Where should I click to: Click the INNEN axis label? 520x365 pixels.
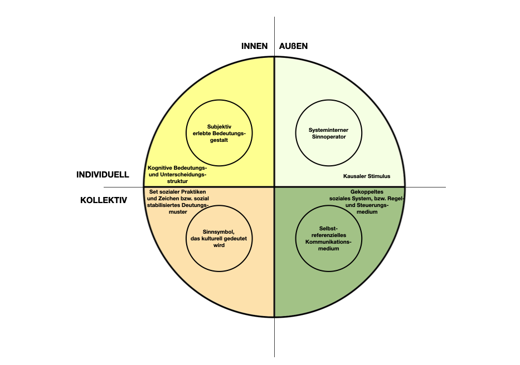(254, 46)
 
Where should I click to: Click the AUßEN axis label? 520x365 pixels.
(293, 46)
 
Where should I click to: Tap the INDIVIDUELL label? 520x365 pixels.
(103, 175)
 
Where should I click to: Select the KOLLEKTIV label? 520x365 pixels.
(104, 200)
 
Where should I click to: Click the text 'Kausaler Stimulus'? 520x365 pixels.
(367, 176)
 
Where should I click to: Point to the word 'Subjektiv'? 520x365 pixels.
(219, 126)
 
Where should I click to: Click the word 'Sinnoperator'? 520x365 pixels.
(329, 136)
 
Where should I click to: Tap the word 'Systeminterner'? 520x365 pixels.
(328, 130)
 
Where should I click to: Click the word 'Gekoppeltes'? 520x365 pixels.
(367, 192)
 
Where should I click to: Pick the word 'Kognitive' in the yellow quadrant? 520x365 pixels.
(160, 168)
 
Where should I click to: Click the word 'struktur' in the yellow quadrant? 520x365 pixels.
(177, 181)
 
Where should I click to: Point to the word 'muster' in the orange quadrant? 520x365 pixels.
(178, 211)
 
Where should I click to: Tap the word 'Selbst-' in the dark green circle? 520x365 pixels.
(328, 229)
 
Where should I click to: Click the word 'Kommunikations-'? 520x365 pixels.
(328, 242)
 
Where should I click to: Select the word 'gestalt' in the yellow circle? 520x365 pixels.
(219, 140)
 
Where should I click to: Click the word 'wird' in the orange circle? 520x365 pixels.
(219, 245)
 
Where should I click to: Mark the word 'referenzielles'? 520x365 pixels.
(329, 235)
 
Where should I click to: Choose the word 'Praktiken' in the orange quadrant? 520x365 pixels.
(193, 192)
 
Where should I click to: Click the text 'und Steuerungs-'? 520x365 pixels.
(367, 205)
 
